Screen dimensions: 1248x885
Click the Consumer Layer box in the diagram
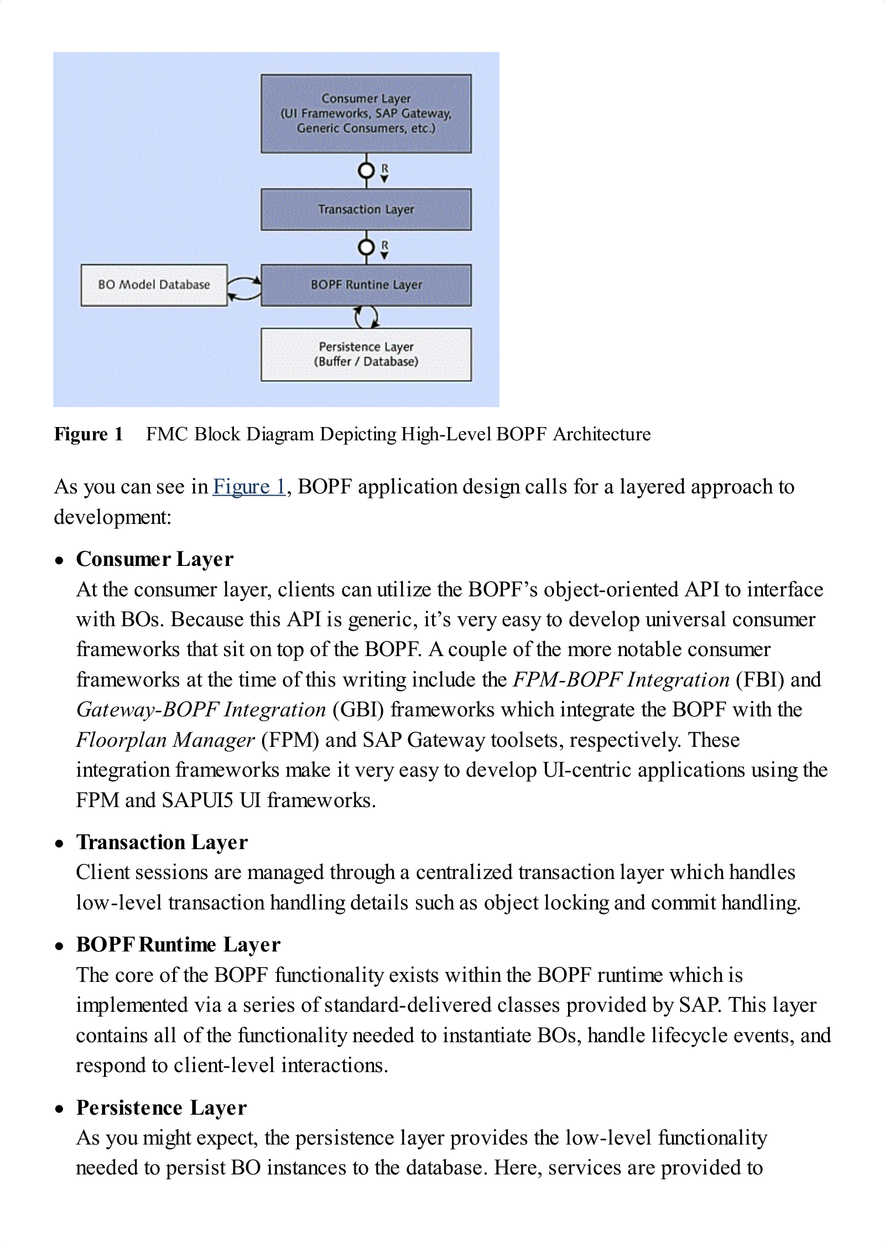point(366,113)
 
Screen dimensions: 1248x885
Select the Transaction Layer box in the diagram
point(366,209)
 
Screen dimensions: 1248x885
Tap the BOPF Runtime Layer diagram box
point(366,285)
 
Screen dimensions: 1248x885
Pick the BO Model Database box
point(154,285)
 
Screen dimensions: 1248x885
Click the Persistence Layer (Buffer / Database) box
point(366,354)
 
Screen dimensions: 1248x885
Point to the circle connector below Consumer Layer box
point(366,170)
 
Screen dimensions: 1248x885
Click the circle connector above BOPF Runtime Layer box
point(366,247)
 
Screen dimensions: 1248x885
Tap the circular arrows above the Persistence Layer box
point(366,317)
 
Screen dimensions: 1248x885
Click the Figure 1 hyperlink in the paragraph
point(249,487)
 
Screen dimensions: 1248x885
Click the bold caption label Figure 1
point(88,434)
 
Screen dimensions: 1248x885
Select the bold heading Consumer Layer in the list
point(155,559)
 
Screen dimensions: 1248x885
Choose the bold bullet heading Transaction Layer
point(162,842)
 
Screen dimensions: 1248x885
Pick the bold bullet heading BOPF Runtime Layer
point(178,944)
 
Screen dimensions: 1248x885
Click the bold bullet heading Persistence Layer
point(162,1107)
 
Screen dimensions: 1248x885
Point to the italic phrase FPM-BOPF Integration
point(621,679)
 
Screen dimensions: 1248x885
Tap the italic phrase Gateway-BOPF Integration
point(201,710)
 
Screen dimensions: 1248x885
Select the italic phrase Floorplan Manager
point(165,740)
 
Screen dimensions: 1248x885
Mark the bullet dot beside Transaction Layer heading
point(60,844)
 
